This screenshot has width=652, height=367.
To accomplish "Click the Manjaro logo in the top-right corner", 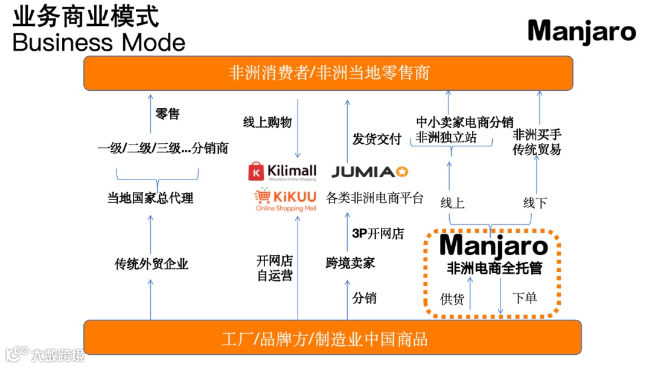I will (581, 32).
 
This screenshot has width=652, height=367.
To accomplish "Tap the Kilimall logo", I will (283, 172).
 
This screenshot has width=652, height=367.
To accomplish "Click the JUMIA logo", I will (370, 172).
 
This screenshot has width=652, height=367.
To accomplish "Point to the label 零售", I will (167, 114).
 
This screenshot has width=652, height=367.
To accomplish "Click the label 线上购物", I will (267, 122).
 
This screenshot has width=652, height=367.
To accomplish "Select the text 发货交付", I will (377, 139).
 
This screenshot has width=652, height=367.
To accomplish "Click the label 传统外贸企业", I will (152, 264).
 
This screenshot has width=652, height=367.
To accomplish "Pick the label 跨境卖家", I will (350, 263).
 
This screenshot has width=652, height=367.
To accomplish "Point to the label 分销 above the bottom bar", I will (364, 298).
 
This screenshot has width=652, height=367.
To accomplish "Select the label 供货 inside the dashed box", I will (452, 299).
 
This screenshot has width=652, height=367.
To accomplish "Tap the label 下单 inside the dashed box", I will (525, 297).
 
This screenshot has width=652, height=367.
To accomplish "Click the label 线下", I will (535, 203).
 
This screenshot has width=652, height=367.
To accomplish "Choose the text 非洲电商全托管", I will (494, 268).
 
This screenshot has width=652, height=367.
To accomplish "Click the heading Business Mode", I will (99, 42).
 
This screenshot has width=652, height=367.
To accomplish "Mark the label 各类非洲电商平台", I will (375, 198).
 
